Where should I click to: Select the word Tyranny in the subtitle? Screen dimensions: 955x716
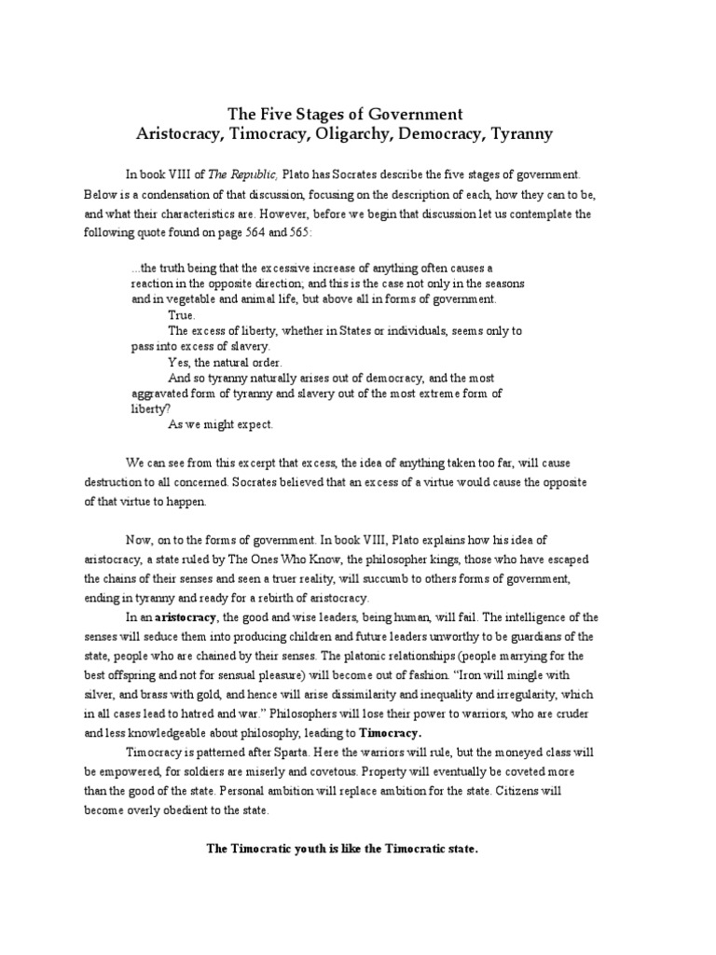tap(517, 133)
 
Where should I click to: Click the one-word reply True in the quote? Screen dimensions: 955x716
tap(181, 315)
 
